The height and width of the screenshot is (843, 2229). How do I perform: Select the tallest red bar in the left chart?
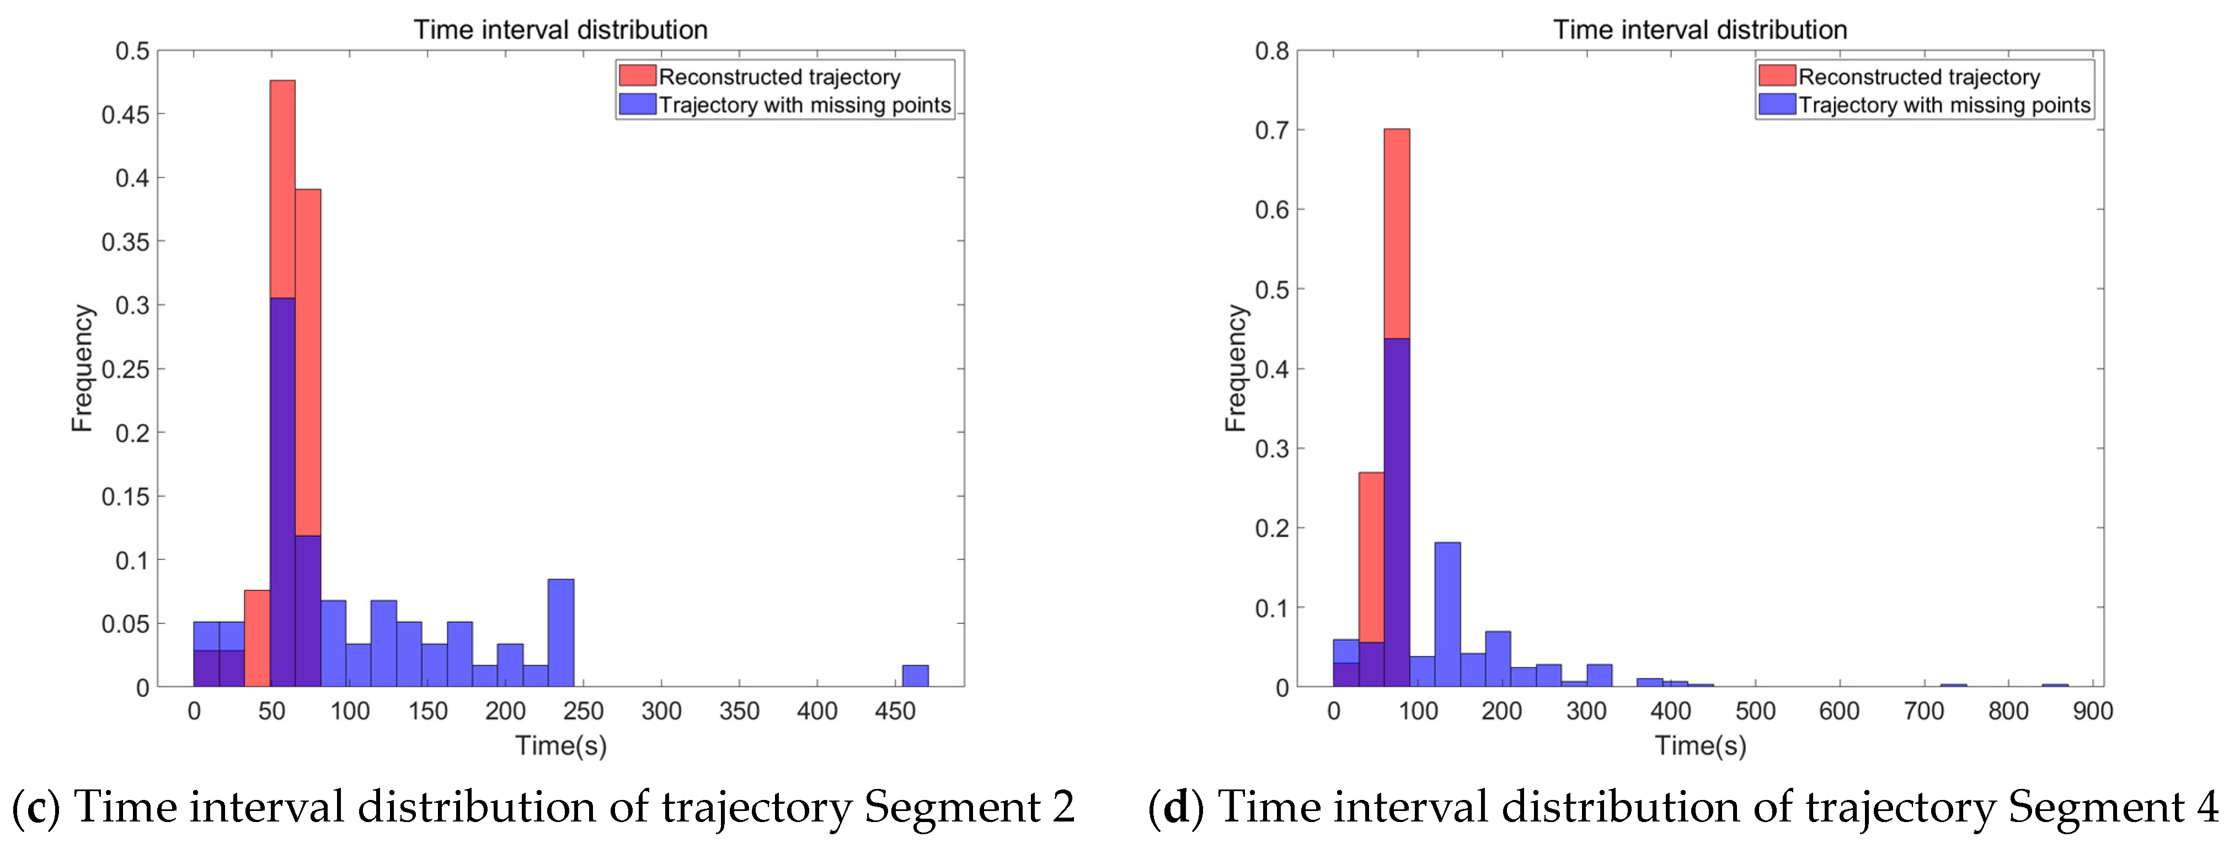pyautogui.click(x=282, y=190)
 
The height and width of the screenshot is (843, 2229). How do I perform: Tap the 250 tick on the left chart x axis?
pyautogui.click(x=583, y=712)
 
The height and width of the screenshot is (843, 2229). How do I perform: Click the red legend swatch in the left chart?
pyautogui.click(x=637, y=76)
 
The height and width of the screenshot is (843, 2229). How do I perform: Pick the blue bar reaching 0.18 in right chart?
pyautogui.click(x=1447, y=615)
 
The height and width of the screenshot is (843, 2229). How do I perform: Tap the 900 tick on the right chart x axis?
pyautogui.click(x=2092, y=712)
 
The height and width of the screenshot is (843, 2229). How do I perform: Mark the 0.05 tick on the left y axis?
pyautogui.click(x=125, y=624)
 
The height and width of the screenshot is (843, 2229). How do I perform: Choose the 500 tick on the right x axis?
pyautogui.click(x=1755, y=712)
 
